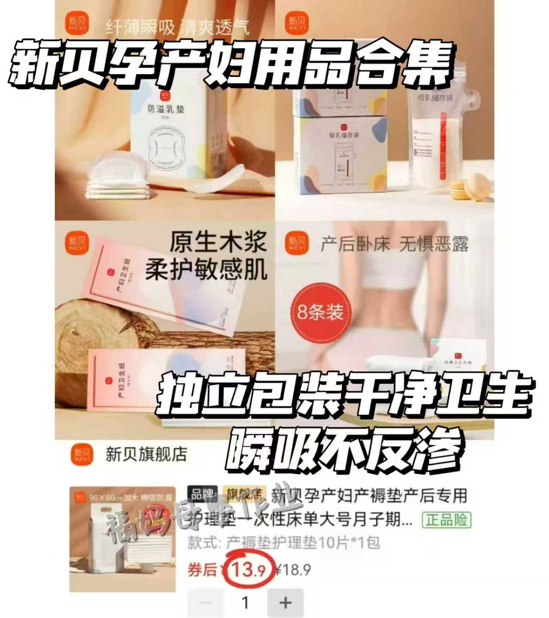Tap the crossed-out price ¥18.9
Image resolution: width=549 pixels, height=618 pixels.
tap(293, 570)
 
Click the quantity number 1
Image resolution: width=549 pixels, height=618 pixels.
tap(245, 603)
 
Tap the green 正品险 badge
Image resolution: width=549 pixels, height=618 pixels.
tap(446, 520)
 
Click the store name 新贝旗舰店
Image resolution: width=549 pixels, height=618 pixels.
tap(146, 454)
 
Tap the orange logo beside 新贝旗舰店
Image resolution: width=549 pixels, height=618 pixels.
tap(81, 454)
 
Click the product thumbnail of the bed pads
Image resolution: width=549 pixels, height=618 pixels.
tap(123, 539)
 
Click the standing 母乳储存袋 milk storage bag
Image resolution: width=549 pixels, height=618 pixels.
tap(434, 142)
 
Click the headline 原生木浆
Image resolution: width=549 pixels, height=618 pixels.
tap(218, 242)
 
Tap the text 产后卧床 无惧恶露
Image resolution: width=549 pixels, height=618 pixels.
tap(395, 245)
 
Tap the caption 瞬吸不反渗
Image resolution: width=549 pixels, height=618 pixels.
tap(345, 451)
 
